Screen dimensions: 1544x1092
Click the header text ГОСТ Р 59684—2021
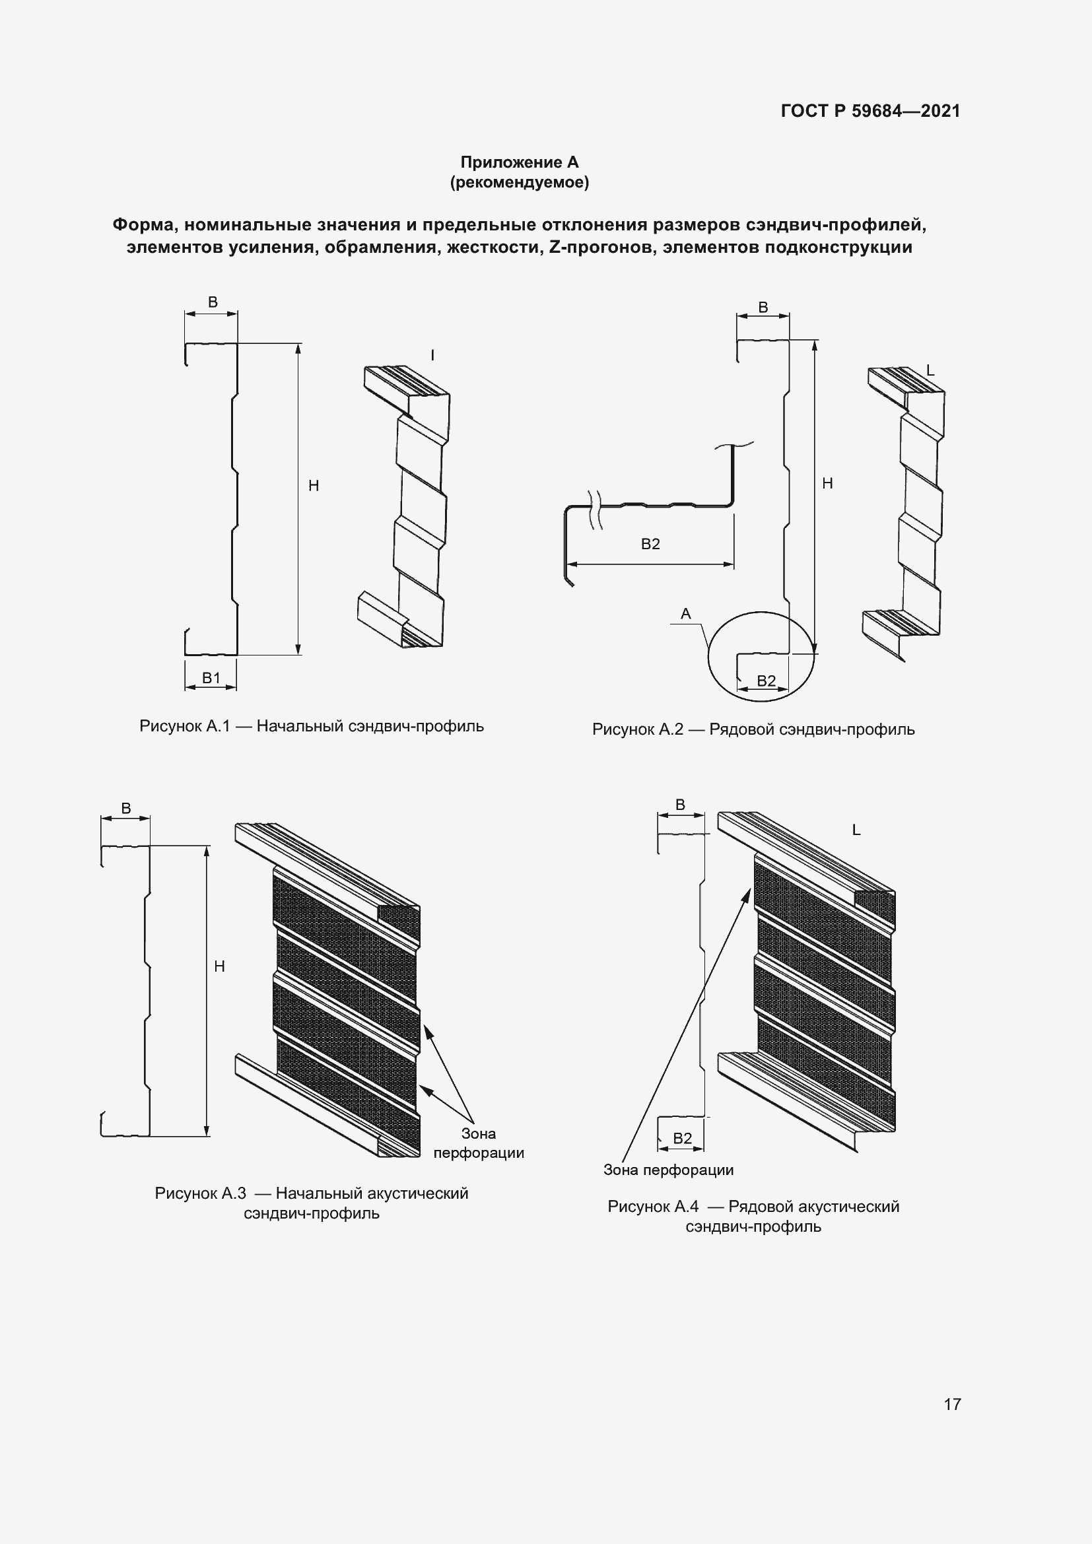coord(870,111)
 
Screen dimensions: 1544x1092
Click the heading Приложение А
coord(519,162)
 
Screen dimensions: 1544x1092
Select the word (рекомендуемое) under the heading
coord(519,182)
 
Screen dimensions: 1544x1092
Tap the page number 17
coord(952,1404)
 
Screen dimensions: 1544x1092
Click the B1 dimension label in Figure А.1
coord(211,678)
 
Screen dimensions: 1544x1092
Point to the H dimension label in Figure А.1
coord(314,486)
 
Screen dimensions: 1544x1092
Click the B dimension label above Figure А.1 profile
coord(213,302)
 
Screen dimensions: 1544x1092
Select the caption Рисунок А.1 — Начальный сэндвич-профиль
coord(312,726)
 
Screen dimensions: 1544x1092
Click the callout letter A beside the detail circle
coord(686,613)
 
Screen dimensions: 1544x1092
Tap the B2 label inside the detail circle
coord(767,681)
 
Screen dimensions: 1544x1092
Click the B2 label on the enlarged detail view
coord(650,544)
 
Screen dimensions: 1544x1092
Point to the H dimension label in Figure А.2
coord(827,483)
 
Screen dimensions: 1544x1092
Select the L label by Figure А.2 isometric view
coord(931,370)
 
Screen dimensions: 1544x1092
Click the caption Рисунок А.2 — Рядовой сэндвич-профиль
coord(753,729)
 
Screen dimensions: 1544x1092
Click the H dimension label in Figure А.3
coord(219,966)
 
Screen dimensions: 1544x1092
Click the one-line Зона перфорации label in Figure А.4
coord(668,1170)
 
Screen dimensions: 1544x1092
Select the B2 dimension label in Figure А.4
coord(682,1138)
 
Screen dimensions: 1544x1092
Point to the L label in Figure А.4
coord(856,830)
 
